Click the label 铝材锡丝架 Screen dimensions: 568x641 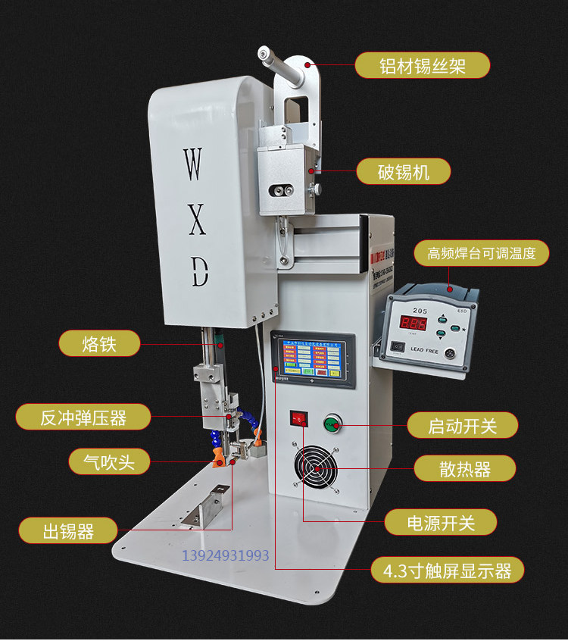pyautogui.click(x=423, y=65)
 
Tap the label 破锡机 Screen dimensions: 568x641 pyautogui.click(x=404, y=172)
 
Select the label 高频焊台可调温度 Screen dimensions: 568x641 pyautogui.click(x=481, y=253)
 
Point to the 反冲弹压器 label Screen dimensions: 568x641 pyautogui.click(x=83, y=416)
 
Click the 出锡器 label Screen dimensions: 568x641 pyautogui.click(x=68, y=531)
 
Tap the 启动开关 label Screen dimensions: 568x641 pyautogui.click(x=462, y=425)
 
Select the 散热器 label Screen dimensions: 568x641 pyautogui.click(x=464, y=469)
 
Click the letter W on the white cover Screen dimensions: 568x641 pyautogui.click(x=193, y=164)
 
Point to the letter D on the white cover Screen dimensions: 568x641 pyautogui.click(x=198, y=271)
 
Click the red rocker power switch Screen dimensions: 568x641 pyautogui.click(x=298, y=417)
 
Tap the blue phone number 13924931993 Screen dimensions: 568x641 pyautogui.click(x=226, y=556)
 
